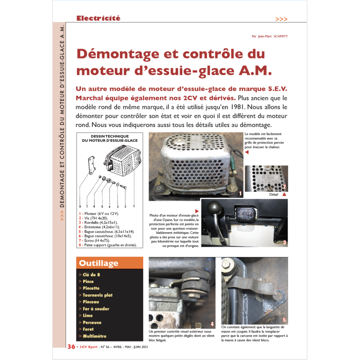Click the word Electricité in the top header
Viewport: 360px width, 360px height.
(99, 18)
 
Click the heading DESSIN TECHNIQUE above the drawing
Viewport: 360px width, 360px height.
(110, 136)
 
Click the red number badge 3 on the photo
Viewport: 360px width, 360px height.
(284, 243)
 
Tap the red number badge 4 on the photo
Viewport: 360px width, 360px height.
(212, 324)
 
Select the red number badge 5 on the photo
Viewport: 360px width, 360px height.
(284, 320)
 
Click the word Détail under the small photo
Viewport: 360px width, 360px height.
(274, 194)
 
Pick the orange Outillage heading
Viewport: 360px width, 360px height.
(99, 263)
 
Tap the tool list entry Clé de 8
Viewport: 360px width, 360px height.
(91, 274)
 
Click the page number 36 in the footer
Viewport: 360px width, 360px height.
(71, 347)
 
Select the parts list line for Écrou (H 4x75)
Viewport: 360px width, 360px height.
(96, 241)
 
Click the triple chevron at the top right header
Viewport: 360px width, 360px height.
(281, 19)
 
